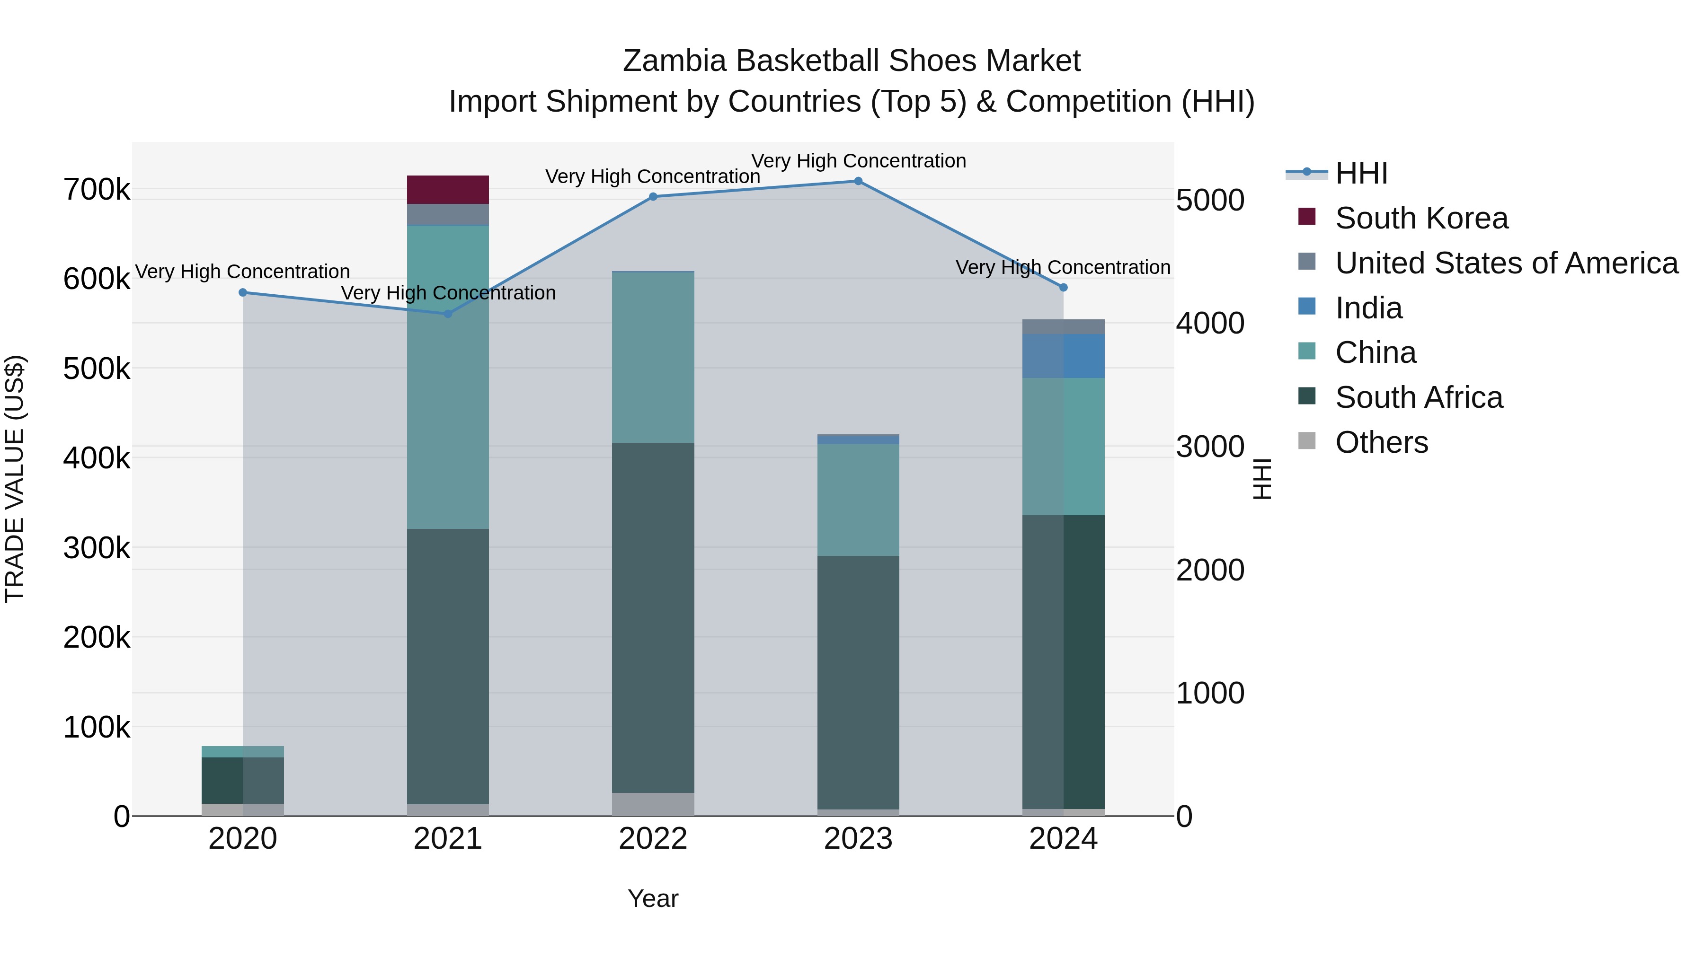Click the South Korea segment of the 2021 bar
pos(447,190)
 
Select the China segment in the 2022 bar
pos(653,357)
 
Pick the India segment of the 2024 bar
pos(1063,356)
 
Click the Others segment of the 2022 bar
pos(653,804)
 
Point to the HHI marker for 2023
pos(858,181)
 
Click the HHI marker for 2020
pos(243,292)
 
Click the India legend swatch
pos(1307,307)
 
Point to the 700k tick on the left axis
pos(97,190)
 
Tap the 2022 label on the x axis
pos(653,839)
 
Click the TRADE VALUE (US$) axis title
pos(15,479)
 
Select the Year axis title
pos(653,898)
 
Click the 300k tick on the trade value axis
pos(97,548)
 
